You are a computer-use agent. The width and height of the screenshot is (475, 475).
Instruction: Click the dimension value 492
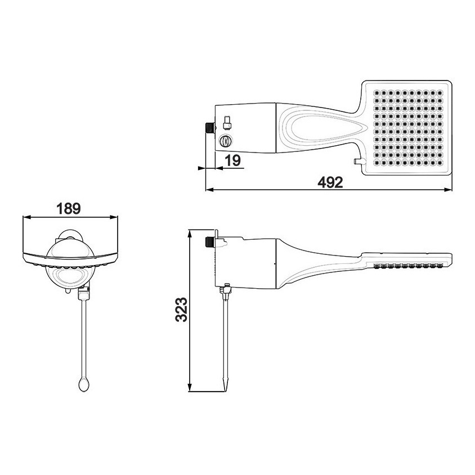(330, 182)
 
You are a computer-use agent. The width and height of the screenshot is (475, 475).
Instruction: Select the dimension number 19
(233, 160)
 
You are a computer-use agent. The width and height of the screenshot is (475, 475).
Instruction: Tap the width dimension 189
(69, 209)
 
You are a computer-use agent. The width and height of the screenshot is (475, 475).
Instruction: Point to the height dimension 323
(181, 310)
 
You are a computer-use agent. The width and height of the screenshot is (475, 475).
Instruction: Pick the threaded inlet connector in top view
(210, 128)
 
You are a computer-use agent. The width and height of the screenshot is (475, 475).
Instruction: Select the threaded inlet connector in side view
(210, 241)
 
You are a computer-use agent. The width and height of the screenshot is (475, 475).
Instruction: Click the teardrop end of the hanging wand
(84, 385)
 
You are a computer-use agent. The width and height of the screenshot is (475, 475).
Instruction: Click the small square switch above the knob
(227, 122)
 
